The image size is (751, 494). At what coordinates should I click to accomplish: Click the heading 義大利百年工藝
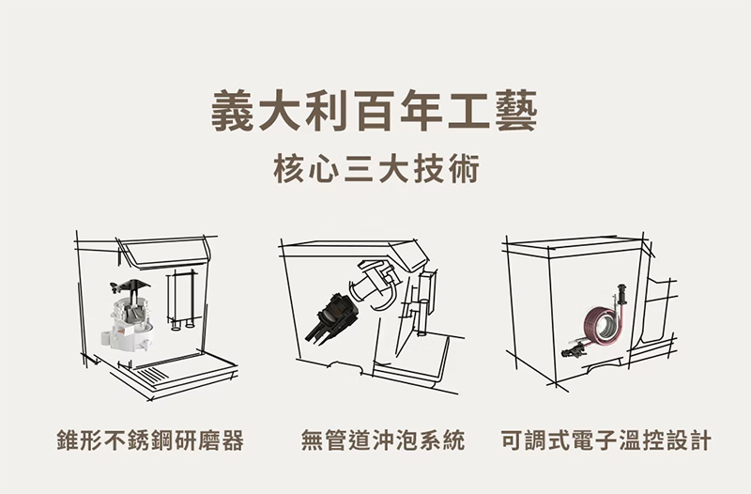pos(375,112)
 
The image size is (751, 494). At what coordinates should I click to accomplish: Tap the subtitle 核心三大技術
pos(376,169)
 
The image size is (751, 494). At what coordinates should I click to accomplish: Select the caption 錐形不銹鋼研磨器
pos(150,440)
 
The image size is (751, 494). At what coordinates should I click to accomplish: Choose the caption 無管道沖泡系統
pos(383,440)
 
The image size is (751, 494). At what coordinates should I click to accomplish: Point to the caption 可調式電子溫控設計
pos(605,440)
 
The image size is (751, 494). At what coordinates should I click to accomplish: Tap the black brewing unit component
pos(331,317)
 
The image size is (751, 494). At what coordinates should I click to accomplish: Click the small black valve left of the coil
pos(574,351)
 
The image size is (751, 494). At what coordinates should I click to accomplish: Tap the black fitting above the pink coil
pos(621,294)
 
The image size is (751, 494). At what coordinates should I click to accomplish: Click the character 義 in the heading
pos(232,112)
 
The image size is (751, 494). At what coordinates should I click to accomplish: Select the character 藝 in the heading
pos(516,112)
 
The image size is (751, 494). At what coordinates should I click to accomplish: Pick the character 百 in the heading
pos(375,112)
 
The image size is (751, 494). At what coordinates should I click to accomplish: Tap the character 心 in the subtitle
pos(325,170)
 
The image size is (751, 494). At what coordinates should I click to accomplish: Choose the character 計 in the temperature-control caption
pos(699,440)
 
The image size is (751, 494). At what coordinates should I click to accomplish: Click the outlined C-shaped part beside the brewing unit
pos(378,286)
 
